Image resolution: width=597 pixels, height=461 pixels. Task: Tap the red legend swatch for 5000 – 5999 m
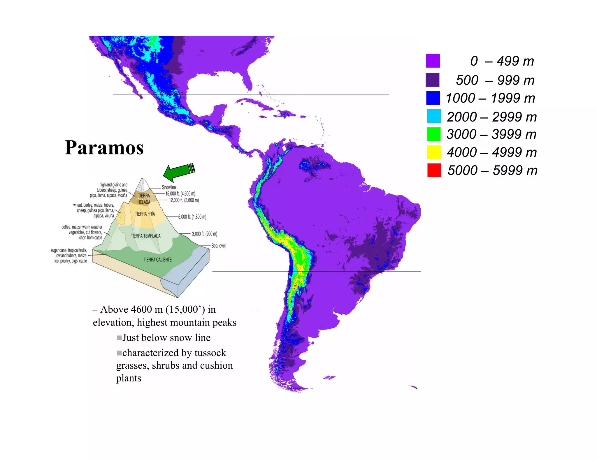click(x=434, y=170)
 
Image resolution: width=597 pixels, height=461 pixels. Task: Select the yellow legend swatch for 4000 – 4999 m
click(x=434, y=152)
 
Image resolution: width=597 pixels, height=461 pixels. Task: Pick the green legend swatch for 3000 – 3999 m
click(x=433, y=134)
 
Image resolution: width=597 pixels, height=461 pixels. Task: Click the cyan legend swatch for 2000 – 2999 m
click(x=434, y=116)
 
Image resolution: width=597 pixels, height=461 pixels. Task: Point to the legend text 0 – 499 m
click(x=502, y=61)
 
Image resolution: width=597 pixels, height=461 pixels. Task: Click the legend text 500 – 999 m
click(x=495, y=80)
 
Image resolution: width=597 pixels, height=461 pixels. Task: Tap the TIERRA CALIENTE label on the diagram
click(x=157, y=260)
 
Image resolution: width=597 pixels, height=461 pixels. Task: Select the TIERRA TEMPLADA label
click(x=145, y=236)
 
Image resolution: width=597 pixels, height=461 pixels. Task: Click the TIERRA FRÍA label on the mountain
click(x=145, y=214)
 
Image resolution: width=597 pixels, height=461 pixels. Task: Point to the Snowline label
click(x=169, y=187)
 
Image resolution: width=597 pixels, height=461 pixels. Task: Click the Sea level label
click(x=218, y=246)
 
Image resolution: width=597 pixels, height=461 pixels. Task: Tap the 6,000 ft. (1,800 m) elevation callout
click(x=192, y=217)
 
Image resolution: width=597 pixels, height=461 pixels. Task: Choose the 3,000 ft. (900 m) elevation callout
click(x=204, y=234)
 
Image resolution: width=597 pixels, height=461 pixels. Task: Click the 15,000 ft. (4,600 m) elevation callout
click(x=180, y=193)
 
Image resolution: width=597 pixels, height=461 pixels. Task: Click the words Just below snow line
click(x=166, y=337)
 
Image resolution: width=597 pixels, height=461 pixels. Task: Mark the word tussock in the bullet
click(x=210, y=353)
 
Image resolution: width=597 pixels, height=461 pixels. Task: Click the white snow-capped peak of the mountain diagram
click(x=142, y=185)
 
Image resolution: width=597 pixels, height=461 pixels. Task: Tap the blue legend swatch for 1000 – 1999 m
click(x=433, y=98)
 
